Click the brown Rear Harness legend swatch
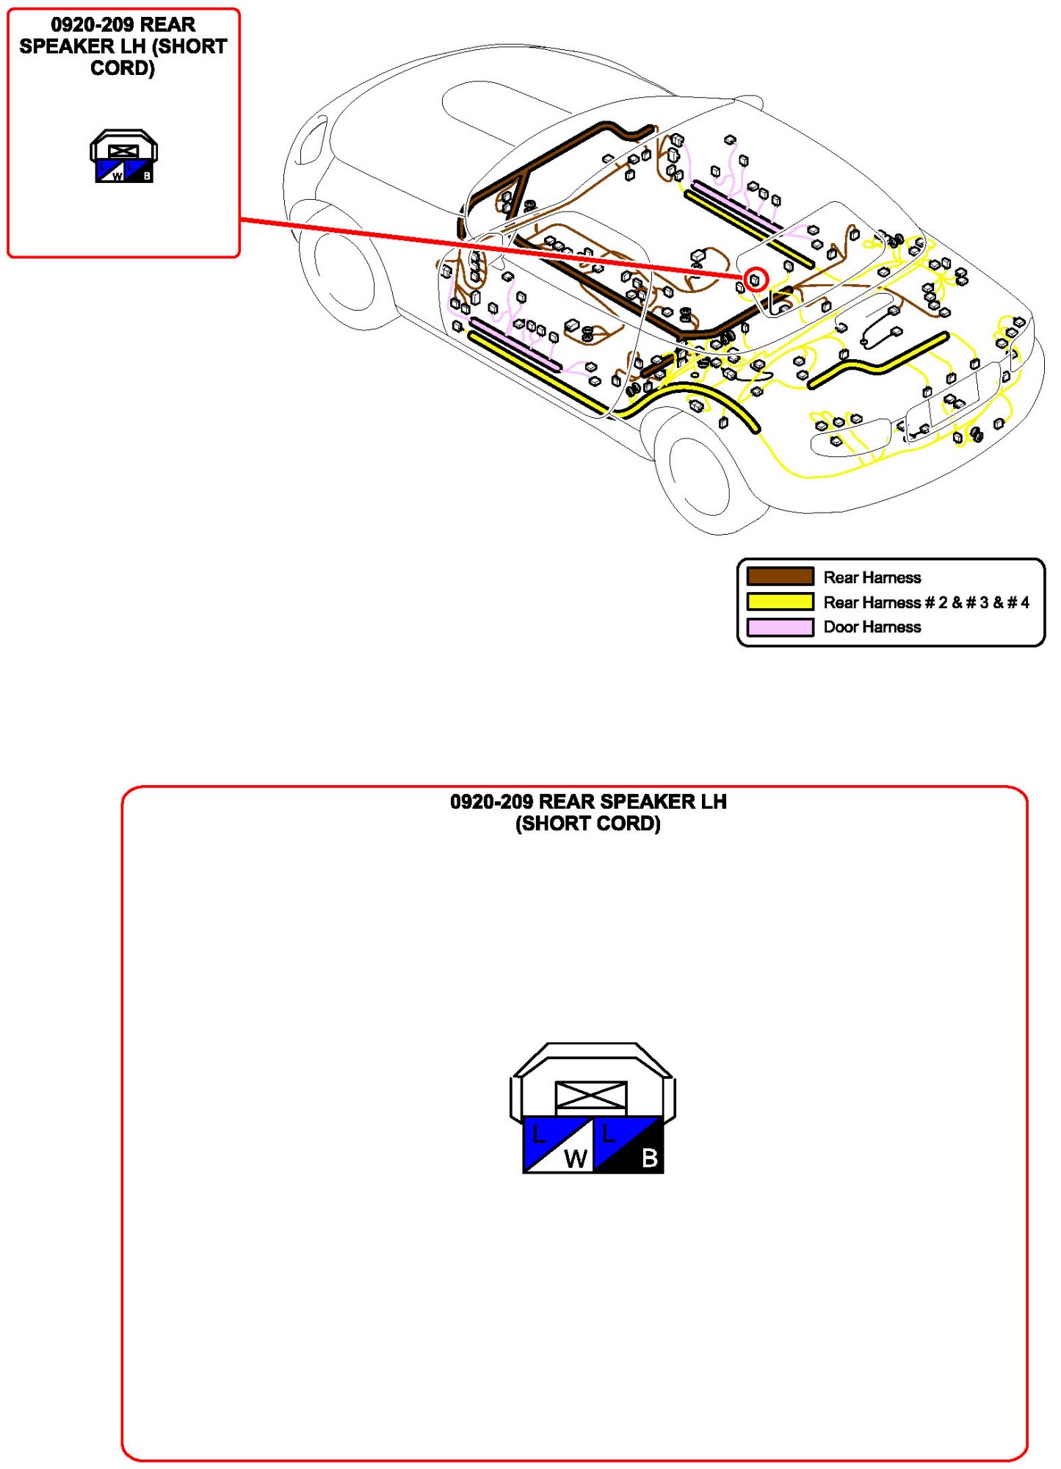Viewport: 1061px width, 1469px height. (780, 577)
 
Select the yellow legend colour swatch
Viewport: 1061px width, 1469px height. (780, 602)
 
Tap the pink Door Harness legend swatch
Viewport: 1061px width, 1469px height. (780, 627)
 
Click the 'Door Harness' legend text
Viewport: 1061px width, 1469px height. (872, 627)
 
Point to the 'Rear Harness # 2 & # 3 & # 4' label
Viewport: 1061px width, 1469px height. (926, 602)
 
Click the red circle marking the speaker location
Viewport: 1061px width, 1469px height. (756, 279)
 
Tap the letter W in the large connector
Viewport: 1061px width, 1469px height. (575, 1158)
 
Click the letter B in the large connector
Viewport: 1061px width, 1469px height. (649, 1158)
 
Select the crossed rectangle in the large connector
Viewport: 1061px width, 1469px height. (591, 1097)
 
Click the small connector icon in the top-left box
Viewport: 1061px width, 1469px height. (123, 156)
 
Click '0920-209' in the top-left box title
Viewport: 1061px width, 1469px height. (92, 24)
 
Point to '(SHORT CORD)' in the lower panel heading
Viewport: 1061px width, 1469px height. (587, 823)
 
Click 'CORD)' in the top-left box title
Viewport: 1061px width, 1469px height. (123, 68)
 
